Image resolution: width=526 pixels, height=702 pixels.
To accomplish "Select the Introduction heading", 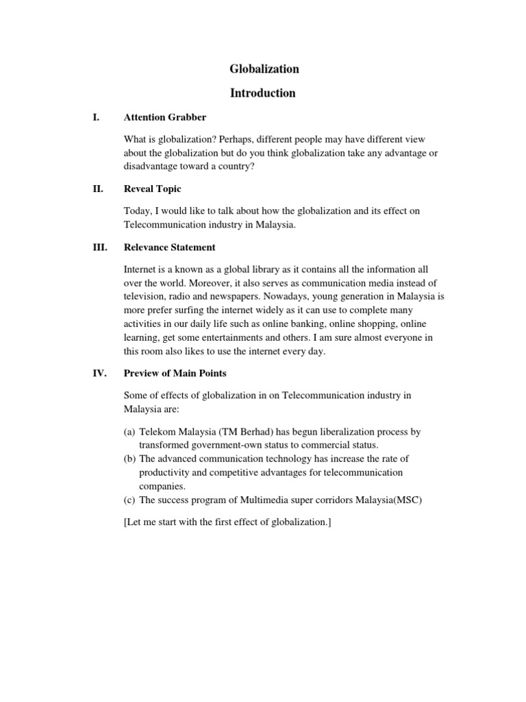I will (x=263, y=93).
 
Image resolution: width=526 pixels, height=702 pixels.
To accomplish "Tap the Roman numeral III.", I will (x=99, y=247).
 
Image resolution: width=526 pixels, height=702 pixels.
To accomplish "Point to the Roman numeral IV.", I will (x=99, y=374).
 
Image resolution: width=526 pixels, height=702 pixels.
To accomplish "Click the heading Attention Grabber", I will (x=164, y=117).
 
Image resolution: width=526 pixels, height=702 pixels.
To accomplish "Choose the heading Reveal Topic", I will (x=152, y=189).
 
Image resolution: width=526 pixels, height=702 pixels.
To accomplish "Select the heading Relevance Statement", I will (x=169, y=247).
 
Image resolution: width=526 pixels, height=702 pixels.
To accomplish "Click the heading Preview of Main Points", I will (x=175, y=374).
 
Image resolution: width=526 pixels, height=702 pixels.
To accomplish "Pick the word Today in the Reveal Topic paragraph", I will (x=139, y=212).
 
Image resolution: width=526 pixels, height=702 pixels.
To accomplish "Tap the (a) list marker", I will (x=129, y=433).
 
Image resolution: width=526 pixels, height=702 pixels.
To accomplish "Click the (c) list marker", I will (x=129, y=499).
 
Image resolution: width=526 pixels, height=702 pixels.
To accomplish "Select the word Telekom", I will (x=158, y=433).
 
